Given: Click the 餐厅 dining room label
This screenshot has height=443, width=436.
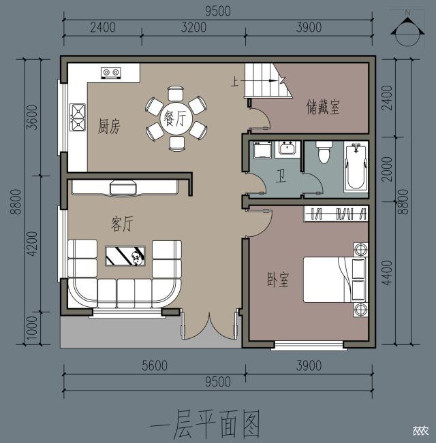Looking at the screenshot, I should [x=175, y=118].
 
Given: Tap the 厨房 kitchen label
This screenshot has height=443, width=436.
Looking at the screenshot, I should [x=110, y=127].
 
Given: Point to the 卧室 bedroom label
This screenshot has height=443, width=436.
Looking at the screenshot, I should [x=278, y=280].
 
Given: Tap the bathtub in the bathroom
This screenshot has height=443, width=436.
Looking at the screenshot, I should [x=356, y=167].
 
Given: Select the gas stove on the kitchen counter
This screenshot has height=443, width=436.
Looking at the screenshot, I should [x=110, y=71].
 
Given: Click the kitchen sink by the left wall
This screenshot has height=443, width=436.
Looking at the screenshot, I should [x=77, y=116].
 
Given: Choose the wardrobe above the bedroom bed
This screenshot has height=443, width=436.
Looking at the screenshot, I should [x=335, y=214].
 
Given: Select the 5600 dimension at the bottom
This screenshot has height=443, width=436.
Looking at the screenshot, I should [x=154, y=365].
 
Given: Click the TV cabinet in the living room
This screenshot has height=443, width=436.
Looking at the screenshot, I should [x=125, y=186].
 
